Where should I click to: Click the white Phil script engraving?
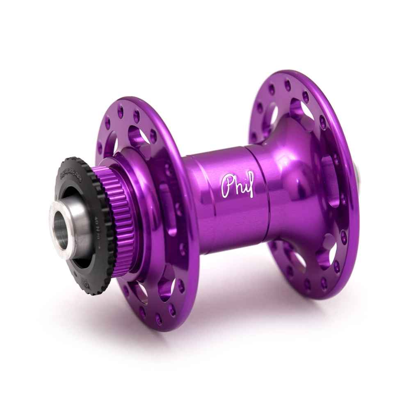click(237, 186)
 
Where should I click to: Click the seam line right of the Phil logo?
click(262, 193)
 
